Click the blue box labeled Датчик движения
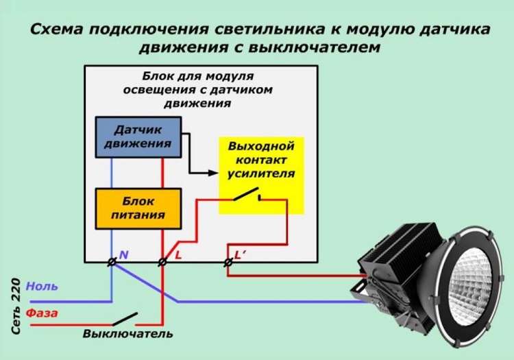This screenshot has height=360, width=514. click(x=138, y=137)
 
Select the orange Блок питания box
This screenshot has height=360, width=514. click(x=138, y=208)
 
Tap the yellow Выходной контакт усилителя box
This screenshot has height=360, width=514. click(x=261, y=176)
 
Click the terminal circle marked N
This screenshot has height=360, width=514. click(x=112, y=262)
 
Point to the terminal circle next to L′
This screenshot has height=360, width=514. click(x=228, y=262)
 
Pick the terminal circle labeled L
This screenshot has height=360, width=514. click(x=162, y=262)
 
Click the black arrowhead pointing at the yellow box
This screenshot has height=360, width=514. click(x=213, y=173)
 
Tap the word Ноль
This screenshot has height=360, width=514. click(x=42, y=286)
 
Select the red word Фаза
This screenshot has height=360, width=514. click(x=42, y=313)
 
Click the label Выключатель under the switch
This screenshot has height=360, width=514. click(x=128, y=334)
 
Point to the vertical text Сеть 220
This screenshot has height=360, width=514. click(x=16, y=307)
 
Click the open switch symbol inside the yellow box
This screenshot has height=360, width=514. click(x=247, y=195)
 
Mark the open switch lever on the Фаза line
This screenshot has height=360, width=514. click(x=125, y=319)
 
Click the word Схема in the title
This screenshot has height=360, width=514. click(x=56, y=29)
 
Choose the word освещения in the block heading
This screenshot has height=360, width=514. click(x=159, y=90)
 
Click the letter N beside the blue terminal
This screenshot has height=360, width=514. click(x=123, y=255)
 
